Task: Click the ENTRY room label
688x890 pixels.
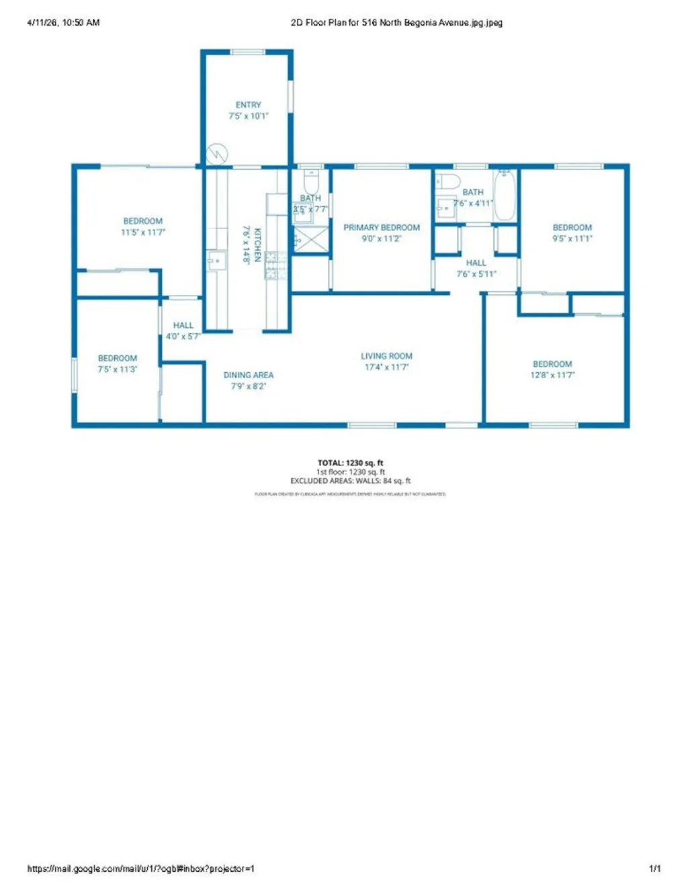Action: click(x=248, y=105)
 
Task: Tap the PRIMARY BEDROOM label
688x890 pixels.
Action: click(x=382, y=228)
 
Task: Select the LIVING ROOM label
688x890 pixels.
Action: click(x=386, y=356)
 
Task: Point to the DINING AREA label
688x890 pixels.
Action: click(x=249, y=375)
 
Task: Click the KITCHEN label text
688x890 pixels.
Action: click(x=257, y=244)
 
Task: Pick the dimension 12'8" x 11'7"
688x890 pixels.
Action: click(x=552, y=375)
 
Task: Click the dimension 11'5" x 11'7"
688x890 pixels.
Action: click(x=142, y=232)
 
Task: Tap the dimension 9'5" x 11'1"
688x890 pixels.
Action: click(x=572, y=238)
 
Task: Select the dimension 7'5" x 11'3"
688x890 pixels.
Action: click(x=118, y=369)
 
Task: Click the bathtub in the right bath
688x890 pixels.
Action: click(x=505, y=195)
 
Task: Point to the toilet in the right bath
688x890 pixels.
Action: click(x=447, y=181)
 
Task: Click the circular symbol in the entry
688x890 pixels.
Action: click(x=217, y=154)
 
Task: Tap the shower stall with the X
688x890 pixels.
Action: click(x=311, y=240)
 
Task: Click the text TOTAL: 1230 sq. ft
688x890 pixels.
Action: click(x=350, y=463)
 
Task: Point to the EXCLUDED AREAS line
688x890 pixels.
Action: click(x=350, y=481)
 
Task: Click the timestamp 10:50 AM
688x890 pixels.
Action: click(x=81, y=22)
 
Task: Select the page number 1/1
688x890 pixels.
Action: click(x=654, y=869)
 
